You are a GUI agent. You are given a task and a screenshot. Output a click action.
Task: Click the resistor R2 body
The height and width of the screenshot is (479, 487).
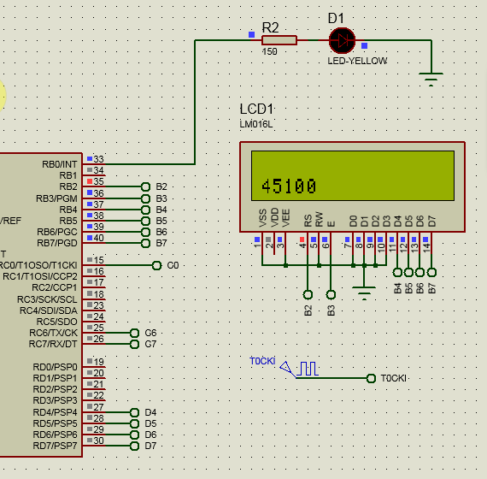point(279,40)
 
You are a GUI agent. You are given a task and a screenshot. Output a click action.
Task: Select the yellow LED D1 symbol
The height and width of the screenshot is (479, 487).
point(342,40)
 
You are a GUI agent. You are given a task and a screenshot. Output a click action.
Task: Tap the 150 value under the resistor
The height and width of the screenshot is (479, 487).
point(269,51)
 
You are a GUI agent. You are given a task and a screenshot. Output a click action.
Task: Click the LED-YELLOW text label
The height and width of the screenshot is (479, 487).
point(357,61)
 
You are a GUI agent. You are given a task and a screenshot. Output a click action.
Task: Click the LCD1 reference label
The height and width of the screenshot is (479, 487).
point(256,109)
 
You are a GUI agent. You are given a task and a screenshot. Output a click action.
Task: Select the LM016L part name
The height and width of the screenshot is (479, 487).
point(256,124)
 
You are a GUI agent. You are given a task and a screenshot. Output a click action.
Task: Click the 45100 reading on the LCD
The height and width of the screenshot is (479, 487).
point(289,186)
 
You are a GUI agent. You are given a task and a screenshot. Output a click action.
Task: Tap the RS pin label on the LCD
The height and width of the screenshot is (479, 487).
point(308,221)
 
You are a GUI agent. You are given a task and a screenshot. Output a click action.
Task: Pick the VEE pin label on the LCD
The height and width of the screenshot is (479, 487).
point(285,218)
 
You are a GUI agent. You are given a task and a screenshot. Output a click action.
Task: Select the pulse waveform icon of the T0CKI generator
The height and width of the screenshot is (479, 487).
point(308,369)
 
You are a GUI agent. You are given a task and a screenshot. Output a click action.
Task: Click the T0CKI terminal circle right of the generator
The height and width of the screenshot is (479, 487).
point(371,379)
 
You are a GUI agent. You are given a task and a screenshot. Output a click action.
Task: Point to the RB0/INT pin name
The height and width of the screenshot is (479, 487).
point(60,164)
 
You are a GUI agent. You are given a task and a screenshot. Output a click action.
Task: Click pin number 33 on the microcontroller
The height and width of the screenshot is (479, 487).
point(98,159)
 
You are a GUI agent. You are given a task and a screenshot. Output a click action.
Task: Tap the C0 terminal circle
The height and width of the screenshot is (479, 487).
point(157,266)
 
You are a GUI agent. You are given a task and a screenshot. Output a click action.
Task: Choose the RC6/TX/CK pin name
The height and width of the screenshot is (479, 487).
point(53,333)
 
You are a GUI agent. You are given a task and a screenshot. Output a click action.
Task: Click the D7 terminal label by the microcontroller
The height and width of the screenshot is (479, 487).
point(150,446)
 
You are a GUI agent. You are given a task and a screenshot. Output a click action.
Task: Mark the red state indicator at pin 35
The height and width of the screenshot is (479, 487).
point(90,181)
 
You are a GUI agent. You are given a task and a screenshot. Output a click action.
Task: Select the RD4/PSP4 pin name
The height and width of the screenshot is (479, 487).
point(55,412)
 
